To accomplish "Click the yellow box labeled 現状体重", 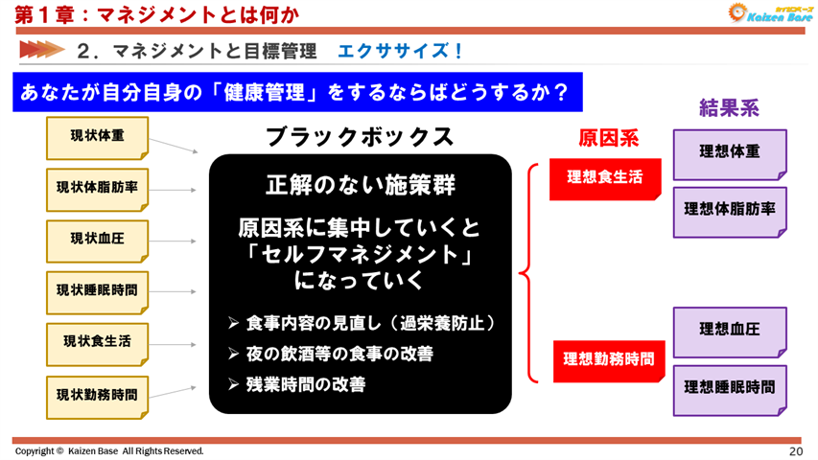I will coord(97,137).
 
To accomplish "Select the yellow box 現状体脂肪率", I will coord(97,188).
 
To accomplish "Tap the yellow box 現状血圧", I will coord(97,239).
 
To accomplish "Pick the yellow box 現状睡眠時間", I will coord(97,289).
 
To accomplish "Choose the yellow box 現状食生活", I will coord(97,340).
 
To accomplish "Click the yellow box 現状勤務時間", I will coord(97,394).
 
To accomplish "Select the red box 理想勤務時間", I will coord(609,359).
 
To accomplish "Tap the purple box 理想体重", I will coord(729,152).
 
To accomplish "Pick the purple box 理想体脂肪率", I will coord(729,208).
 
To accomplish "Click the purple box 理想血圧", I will coord(729,330).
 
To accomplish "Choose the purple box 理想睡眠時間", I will coord(729,387).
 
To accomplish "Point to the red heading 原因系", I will coord(607,139).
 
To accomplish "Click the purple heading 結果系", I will coord(729,108).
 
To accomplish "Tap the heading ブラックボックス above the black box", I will coord(360,137).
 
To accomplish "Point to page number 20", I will coord(795,450).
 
